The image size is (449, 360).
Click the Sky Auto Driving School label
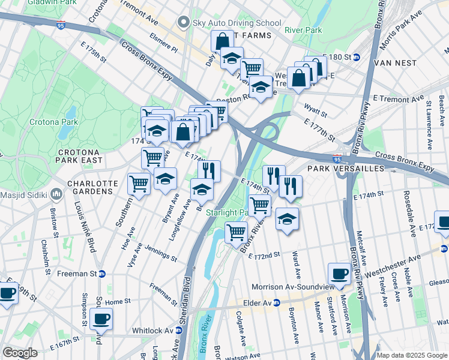point(237,23)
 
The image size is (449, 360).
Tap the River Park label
point(303,30)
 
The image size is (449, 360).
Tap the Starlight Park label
point(227,213)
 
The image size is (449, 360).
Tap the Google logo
point(20,353)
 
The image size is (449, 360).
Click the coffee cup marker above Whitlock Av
point(101,319)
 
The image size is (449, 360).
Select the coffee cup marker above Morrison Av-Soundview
point(339,274)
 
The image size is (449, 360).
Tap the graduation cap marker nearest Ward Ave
point(288,219)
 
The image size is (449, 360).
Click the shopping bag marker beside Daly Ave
point(222,41)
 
